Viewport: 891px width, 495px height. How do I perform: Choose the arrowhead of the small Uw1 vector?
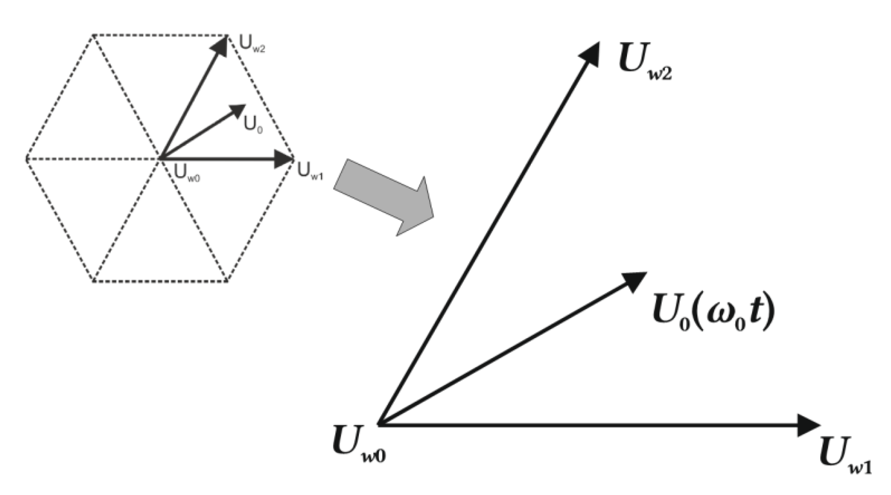[x=283, y=159]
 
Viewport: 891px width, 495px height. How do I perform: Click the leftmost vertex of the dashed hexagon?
[x=27, y=159]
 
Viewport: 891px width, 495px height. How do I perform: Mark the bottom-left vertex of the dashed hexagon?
[x=94, y=281]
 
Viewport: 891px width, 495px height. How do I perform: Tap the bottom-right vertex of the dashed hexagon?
[x=227, y=281]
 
